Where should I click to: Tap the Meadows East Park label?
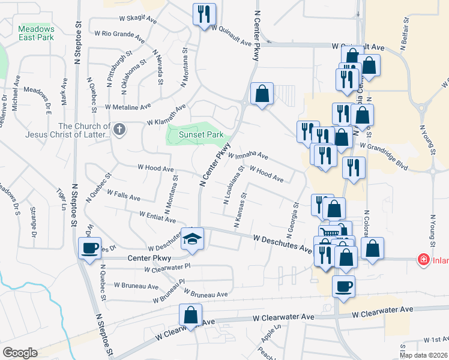pyautogui.click(x=36, y=33)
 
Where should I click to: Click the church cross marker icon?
pyautogui.click(x=119, y=130)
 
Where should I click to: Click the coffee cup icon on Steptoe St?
pyautogui.click(x=90, y=248)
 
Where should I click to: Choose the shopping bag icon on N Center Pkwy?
pyautogui.click(x=262, y=94)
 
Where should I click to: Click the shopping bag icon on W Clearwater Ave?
pyautogui.click(x=190, y=315)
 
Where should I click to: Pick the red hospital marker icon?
pyautogui.click(x=423, y=259)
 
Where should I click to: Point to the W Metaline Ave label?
pyautogui.click(x=128, y=107)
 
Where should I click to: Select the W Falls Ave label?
pyautogui.click(x=123, y=195)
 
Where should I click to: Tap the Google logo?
pyautogui.click(x=20, y=353)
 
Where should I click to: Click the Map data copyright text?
pyautogui.click(x=423, y=355)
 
